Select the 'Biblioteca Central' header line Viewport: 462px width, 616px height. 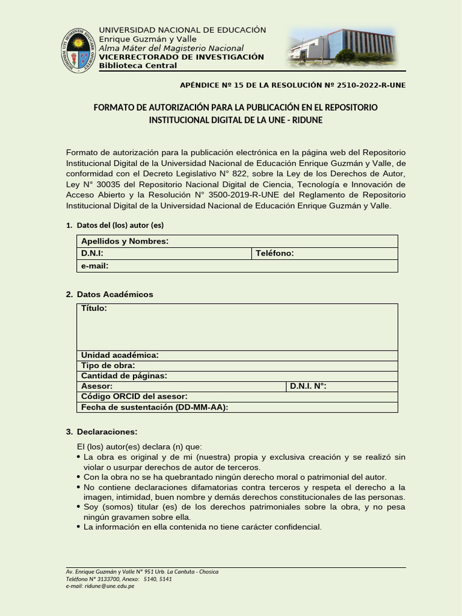[x=138, y=66]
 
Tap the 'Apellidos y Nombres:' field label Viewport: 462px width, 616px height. [x=125, y=241]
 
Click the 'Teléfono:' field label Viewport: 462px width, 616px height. [x=274, y=253]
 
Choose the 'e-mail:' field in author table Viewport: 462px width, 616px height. [x=95, y=265]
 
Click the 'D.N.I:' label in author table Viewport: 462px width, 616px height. [x=93, y=253]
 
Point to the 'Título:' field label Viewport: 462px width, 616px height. [x=94, y=309]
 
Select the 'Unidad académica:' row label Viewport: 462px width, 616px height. [x=120, y=355]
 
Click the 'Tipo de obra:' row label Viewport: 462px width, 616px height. [x=108, y=365]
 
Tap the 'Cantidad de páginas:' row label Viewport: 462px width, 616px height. [x=124, y=375]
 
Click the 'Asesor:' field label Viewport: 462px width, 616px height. [x=97, y=386]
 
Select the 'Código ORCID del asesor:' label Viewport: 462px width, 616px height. [x=134, y=396]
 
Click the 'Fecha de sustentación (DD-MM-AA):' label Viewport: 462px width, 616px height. [x=155, y=407]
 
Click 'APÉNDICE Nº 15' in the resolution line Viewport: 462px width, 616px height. [x=214, y=85]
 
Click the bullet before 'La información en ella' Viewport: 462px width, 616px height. [x=79, y=527]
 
